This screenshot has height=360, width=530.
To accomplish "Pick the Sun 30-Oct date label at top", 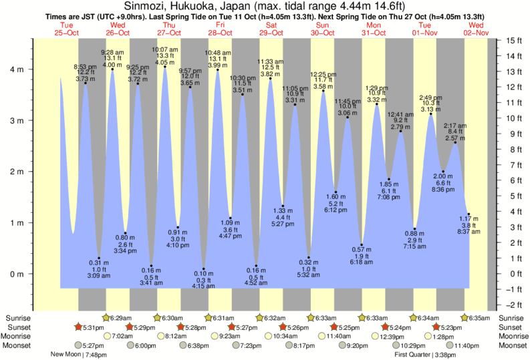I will [322, 29].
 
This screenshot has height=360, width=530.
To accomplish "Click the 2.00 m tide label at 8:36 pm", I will [442, 176].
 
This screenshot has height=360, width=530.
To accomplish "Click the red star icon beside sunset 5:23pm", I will [436, 327].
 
